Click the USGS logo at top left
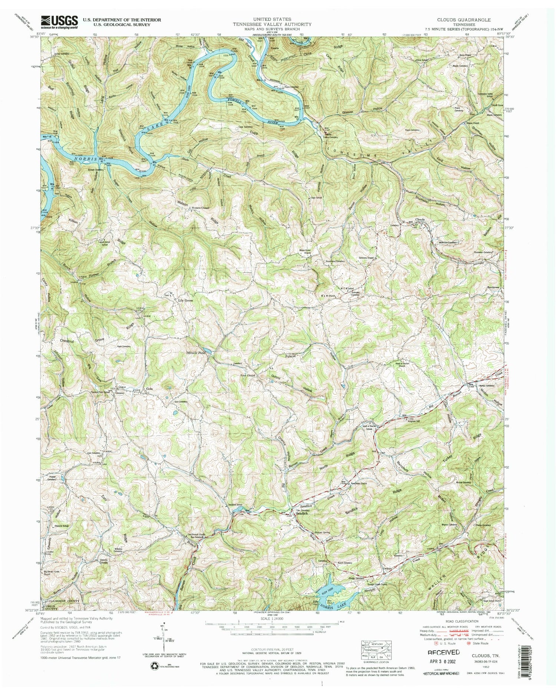coord(59,22)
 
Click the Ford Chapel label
coord(248,375)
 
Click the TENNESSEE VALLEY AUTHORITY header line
coord(277,24)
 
